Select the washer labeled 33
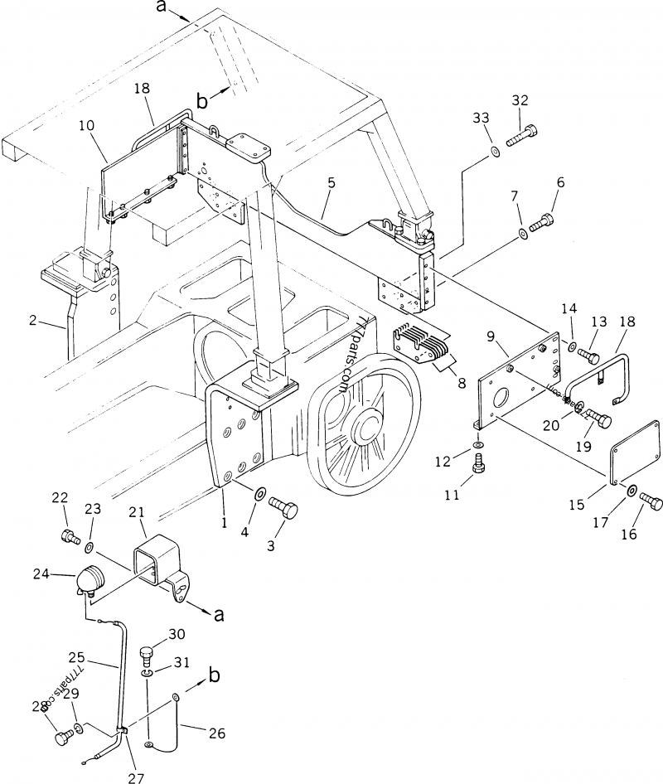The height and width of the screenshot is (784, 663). click(x=494, y=151)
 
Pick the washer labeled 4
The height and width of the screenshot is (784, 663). click(x=259, y=495)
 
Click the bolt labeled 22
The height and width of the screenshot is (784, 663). click(x=69, y=537)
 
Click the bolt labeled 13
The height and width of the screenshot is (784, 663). click(x=590, y=356)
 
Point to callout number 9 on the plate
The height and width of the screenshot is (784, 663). click(x=491, y=336)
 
